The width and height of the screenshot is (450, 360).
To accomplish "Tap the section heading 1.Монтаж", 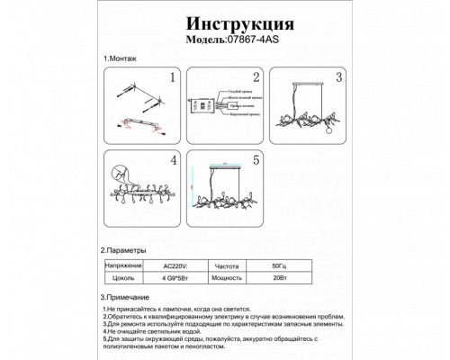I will (121, 58).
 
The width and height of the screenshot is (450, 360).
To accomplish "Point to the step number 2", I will (256, 79).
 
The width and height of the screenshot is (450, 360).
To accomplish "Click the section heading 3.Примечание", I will (131, 297).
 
